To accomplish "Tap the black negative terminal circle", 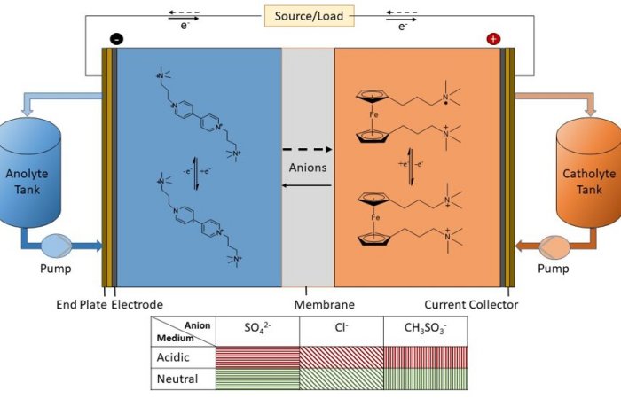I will [x=115, y=38].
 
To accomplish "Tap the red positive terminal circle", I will [x=493, y=38].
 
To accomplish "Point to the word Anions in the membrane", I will [x=307, y=166].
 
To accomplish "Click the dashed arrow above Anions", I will [x=307, y=149].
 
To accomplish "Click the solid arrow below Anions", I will [x=307, y=184].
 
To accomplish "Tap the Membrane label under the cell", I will [x=307, y=305].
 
